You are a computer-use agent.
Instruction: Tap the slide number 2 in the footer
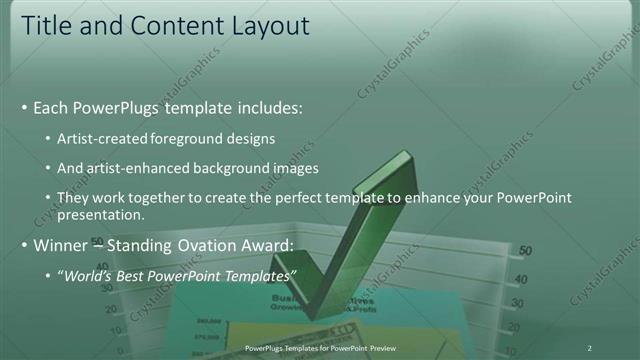click(x=590, y=347)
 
